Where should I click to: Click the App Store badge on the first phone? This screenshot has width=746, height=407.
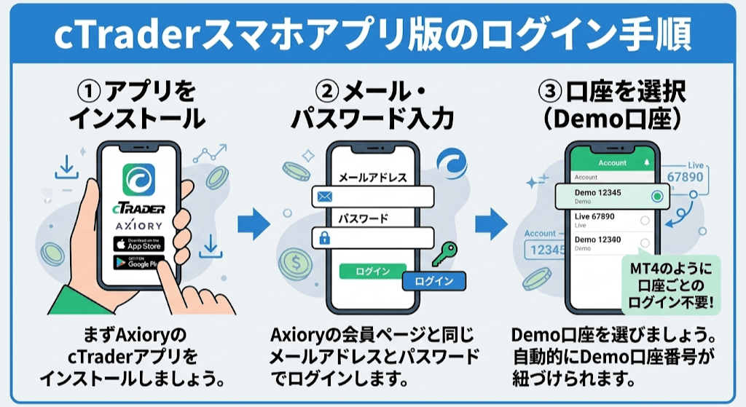coord(138,244)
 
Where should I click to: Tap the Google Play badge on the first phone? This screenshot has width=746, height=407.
coord(138,263)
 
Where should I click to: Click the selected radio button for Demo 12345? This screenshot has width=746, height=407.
coord(657,196)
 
